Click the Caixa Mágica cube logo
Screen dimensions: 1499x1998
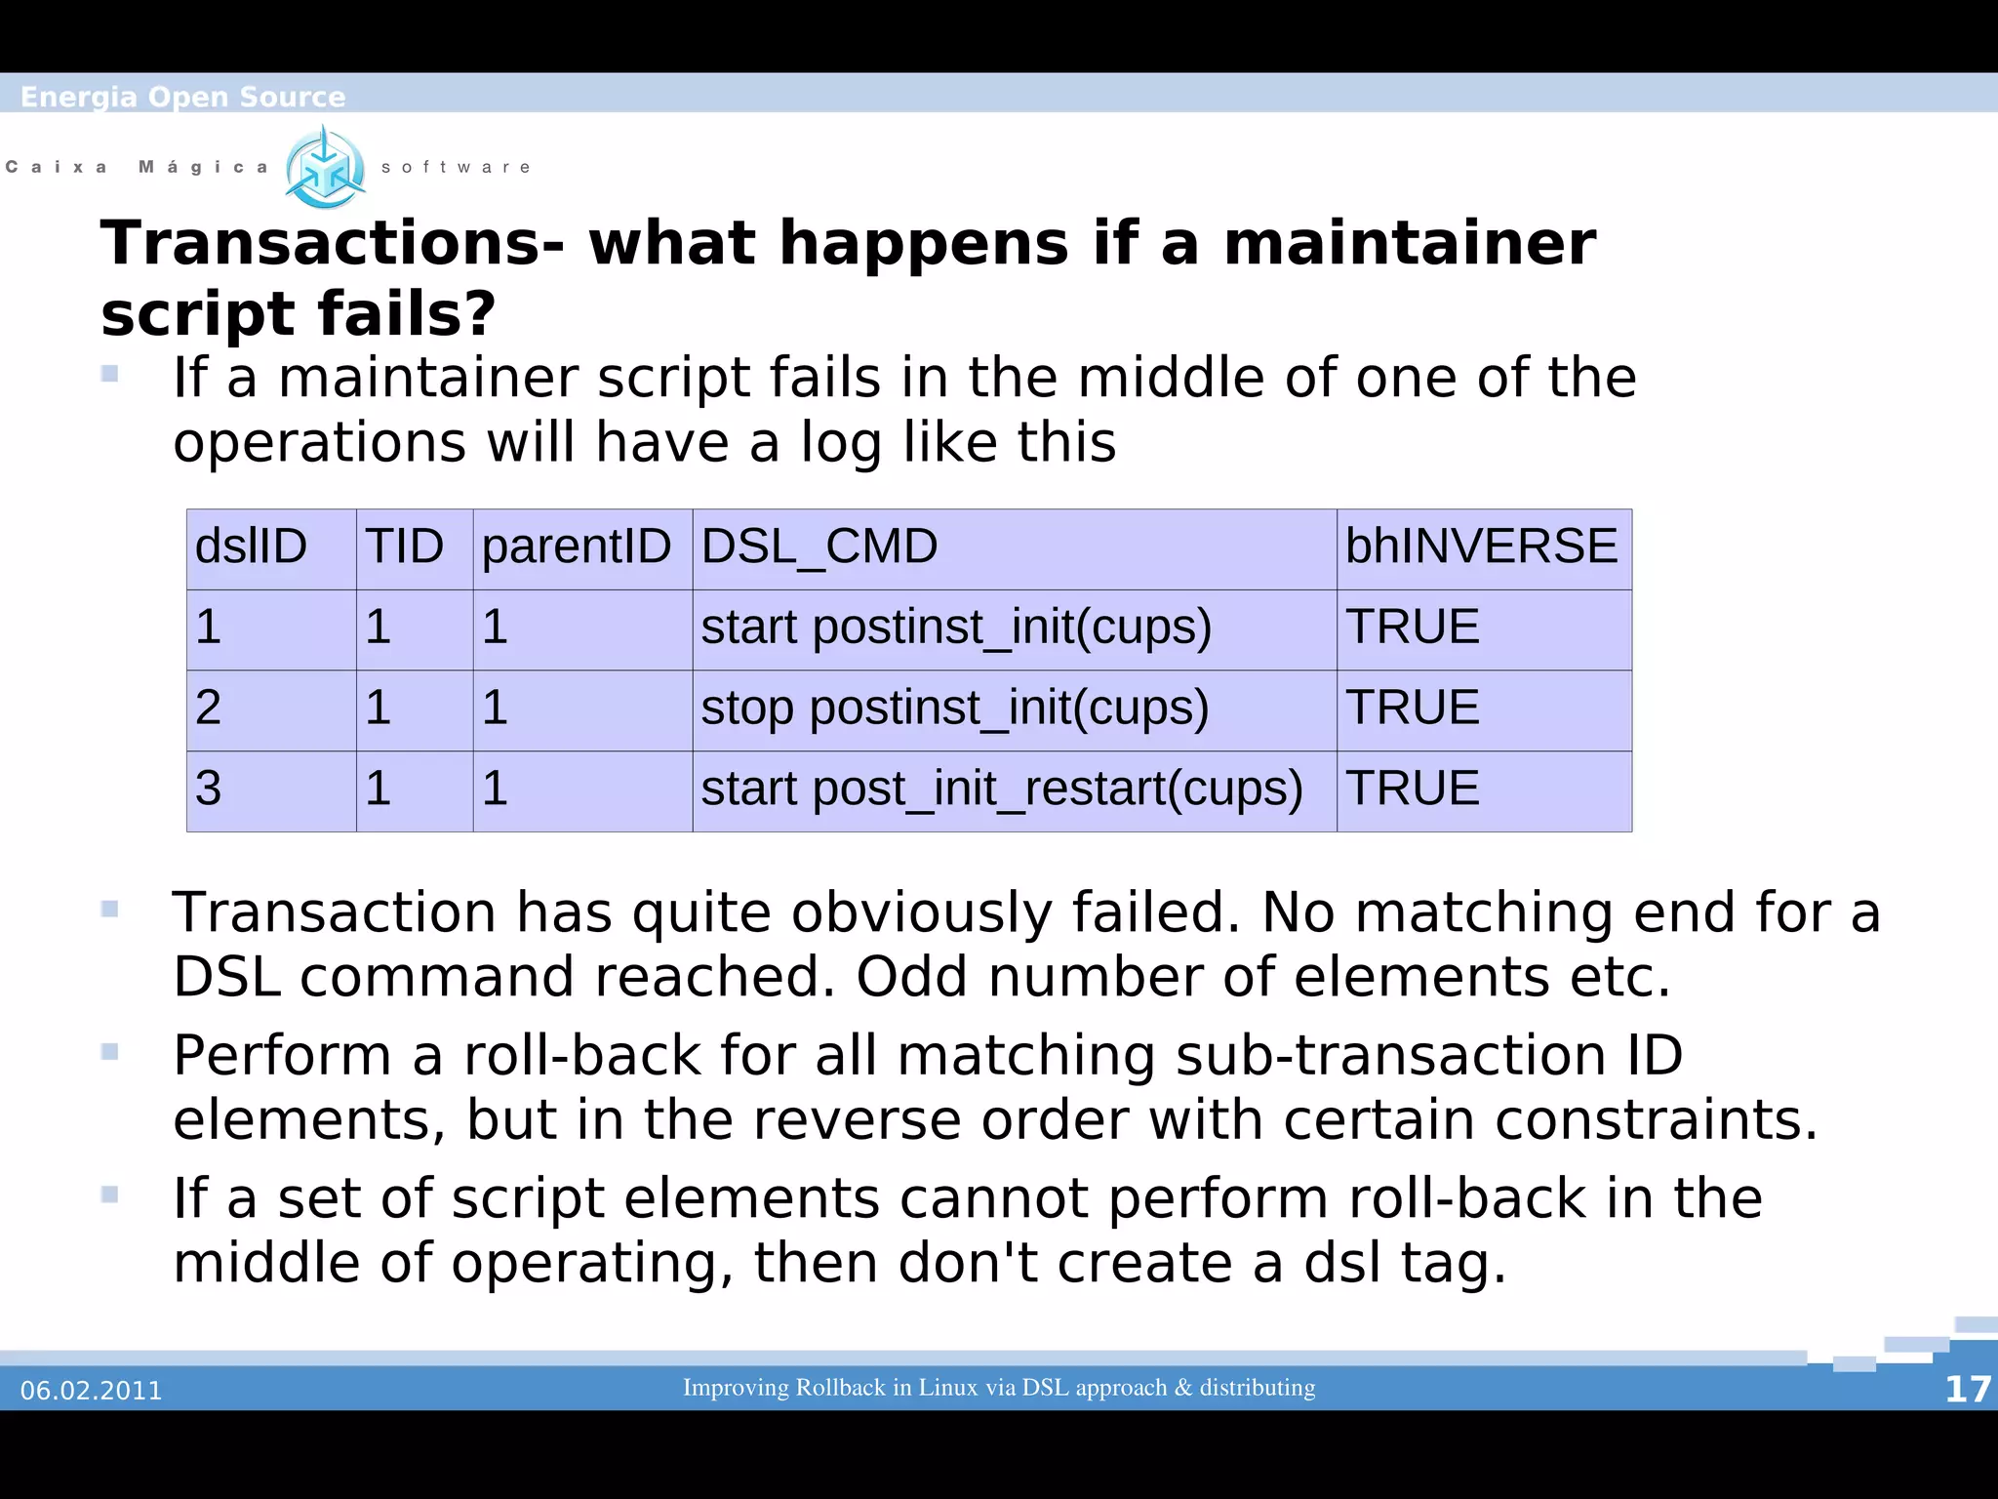pyautogui.click(x=325, y=168)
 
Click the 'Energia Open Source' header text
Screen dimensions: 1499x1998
pyautogui.click(x=182, y=97)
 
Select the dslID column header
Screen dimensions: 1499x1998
pyautogui.click(x=251, y=546)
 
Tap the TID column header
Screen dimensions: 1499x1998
pyautogui.click(x=404, y=546)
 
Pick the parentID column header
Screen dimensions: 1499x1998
pyautogui.click(x=577, y=546)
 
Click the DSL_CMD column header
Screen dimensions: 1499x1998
pyautogui.click(x=819, y=546)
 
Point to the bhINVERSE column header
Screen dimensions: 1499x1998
pyautogui.click(x=1481, y=546)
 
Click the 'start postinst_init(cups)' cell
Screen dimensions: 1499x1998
pyautogui.click(x=956, y=627)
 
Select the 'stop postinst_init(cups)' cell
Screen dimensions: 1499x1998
pyautogui.click(x=954, y=708)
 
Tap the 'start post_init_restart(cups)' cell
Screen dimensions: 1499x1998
pyautogui.click(x=1002, y=789)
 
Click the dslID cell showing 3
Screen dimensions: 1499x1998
pyautogui.click(x=209, y=789)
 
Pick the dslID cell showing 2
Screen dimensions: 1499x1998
pyautogui.click(x=209, y=708)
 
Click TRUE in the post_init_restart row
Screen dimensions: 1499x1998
pyautogui.click(x=1412, y=789)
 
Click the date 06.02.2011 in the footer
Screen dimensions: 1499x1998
pyautogui.click(x=91, y=1391)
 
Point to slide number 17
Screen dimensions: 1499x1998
pyautogui.click(x=1967, y=1390)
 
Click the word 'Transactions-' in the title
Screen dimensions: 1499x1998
pyautogui.click(x=333, y=243)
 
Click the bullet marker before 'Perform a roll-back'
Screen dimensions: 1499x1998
pyautogui.click(x=109, y=1052)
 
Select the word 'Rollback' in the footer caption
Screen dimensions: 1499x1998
pyautogui.click(x=840, y=1388)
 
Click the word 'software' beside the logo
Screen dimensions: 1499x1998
pyautogui.click(x=456, y=168)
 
